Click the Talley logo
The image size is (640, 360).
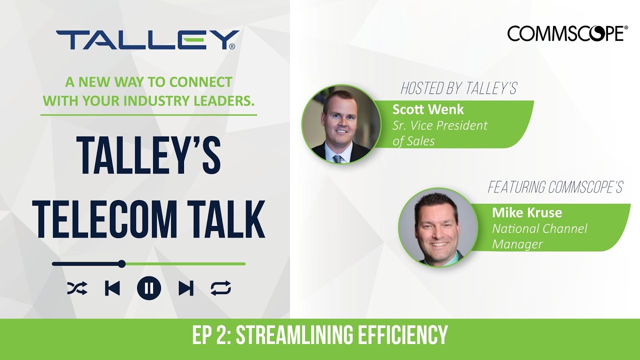click(x=147, y=40)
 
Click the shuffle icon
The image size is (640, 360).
click(x=77, y=288)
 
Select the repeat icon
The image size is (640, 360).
click(x=220, y=288)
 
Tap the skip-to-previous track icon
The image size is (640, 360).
click(x=112, y=288)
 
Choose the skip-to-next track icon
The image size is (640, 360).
click(x=185, y=288)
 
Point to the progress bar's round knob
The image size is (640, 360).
click(x=121, y=263)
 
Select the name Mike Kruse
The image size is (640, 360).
click(x=527, y=212)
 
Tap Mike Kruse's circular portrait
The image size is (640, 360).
click(x=437, y=227)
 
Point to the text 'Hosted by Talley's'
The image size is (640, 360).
click(x=458, y=89)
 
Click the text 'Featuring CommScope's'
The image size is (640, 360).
click(x=555, y=187)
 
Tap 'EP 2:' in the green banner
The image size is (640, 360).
click(x=211, y=335)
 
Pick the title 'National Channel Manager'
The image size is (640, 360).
click(x=539, y=236)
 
